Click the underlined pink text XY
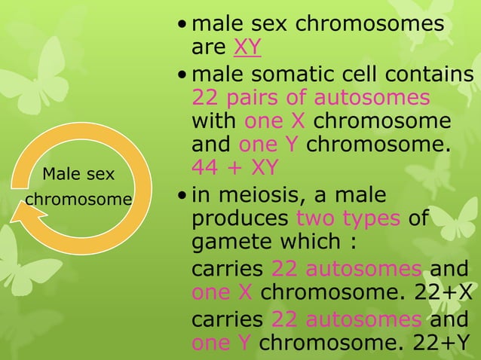click(247, 48)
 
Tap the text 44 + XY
click(235, 166)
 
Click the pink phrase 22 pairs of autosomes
click(311, 98)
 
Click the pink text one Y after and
click(269, 144)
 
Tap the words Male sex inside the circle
click(78, 175)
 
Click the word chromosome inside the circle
click(78, 200)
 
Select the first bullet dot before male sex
click(182, 26)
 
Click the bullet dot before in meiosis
click(182, 196)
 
